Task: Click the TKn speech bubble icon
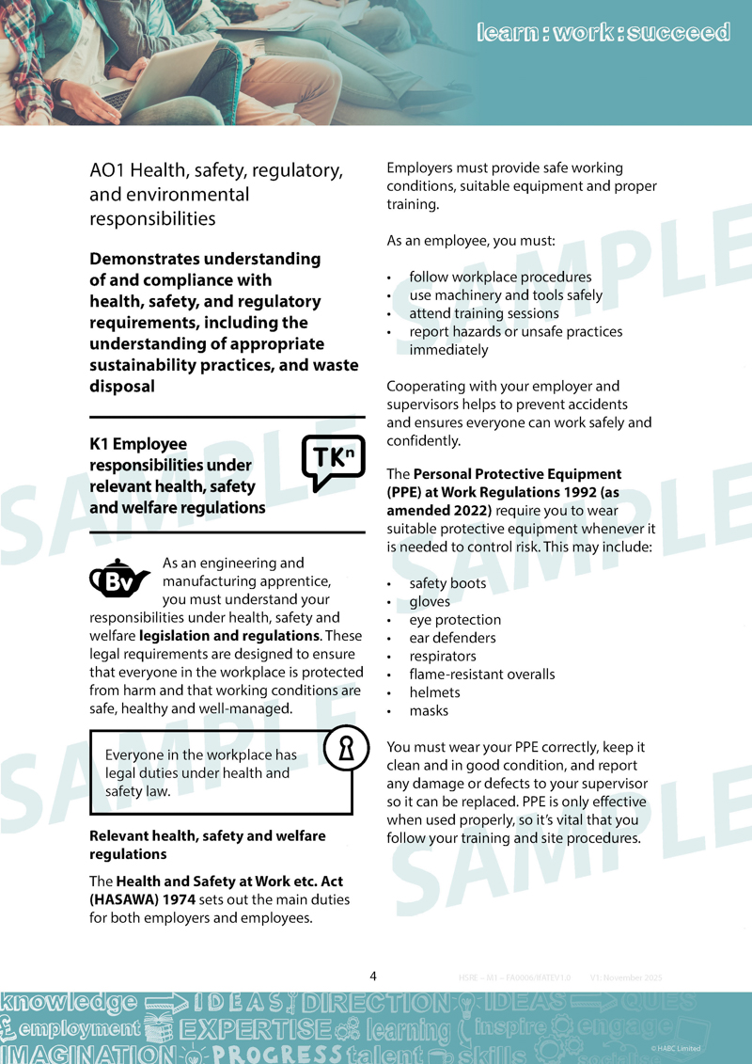click(333, 462)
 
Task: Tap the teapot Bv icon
click(119, 580)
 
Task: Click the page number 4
click(373, 976)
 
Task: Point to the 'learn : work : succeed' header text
click(603, 33)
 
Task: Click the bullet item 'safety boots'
click(447, 583)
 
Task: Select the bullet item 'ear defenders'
click(452, 638)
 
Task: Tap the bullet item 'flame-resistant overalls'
click(481, 675)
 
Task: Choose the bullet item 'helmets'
click(434, 692)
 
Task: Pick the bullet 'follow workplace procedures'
click(500, 278)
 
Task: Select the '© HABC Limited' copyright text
click(675, 1048)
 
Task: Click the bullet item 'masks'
click(429, 711)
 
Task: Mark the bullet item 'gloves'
click(430, 602)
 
